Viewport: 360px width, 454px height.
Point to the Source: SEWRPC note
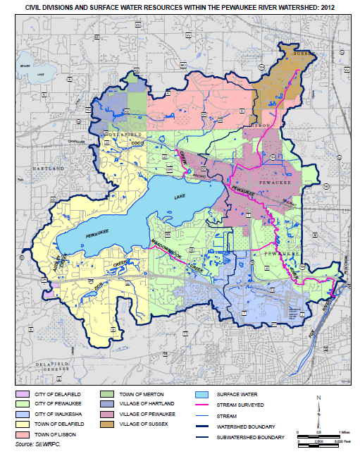pyautogui.click(x=34, y=446)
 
